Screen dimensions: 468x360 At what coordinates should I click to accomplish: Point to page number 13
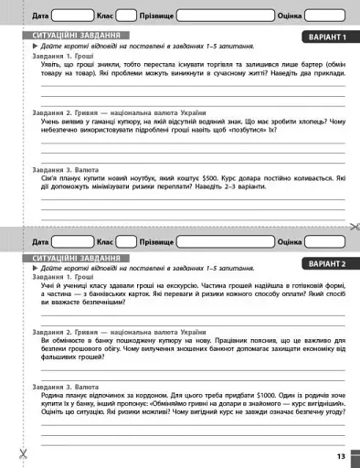click(x=340, y=455)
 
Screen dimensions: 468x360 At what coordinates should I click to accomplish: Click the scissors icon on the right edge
click(x=353, y=226)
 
